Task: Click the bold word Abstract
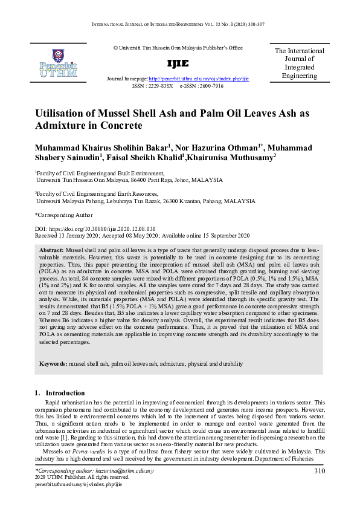[51, 250]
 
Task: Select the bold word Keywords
[53, 364]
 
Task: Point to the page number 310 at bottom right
[320, 470]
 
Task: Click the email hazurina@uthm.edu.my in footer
[120, 470]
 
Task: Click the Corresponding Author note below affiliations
[64, 215]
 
